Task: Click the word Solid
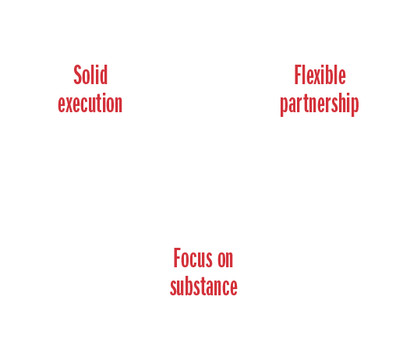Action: (90, 75)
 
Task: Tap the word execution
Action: (90, 104)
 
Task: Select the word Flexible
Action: (320, 75)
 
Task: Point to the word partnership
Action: (320, 104)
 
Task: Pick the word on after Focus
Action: (225, 259)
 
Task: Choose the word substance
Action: (203, 286)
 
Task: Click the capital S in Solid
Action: (78, 75)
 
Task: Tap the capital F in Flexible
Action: (299, 75)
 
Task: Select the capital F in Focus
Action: (178, 257)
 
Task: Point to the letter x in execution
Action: (69, 104)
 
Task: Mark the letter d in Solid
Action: (103, 75)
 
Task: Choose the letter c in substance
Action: (225, 288)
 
